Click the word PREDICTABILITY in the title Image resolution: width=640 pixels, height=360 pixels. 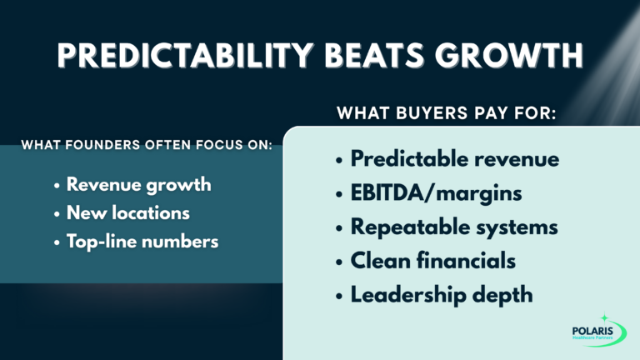pos(197,55)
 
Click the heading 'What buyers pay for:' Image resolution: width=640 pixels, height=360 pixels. pos(447,112)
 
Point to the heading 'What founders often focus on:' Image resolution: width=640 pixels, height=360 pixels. pos(147,146)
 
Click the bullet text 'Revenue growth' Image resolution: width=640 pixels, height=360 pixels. pos(138,185)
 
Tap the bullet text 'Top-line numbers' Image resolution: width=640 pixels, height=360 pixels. pos(142,242)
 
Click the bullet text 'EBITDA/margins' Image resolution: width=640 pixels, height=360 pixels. pos(436,193)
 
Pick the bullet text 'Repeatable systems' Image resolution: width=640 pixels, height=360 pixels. pos(454,227)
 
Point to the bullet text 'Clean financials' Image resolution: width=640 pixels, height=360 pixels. pos(432,261)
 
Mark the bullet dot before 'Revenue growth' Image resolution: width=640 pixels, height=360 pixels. pos(56,186)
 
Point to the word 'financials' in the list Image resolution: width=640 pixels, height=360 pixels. pos(463,261)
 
